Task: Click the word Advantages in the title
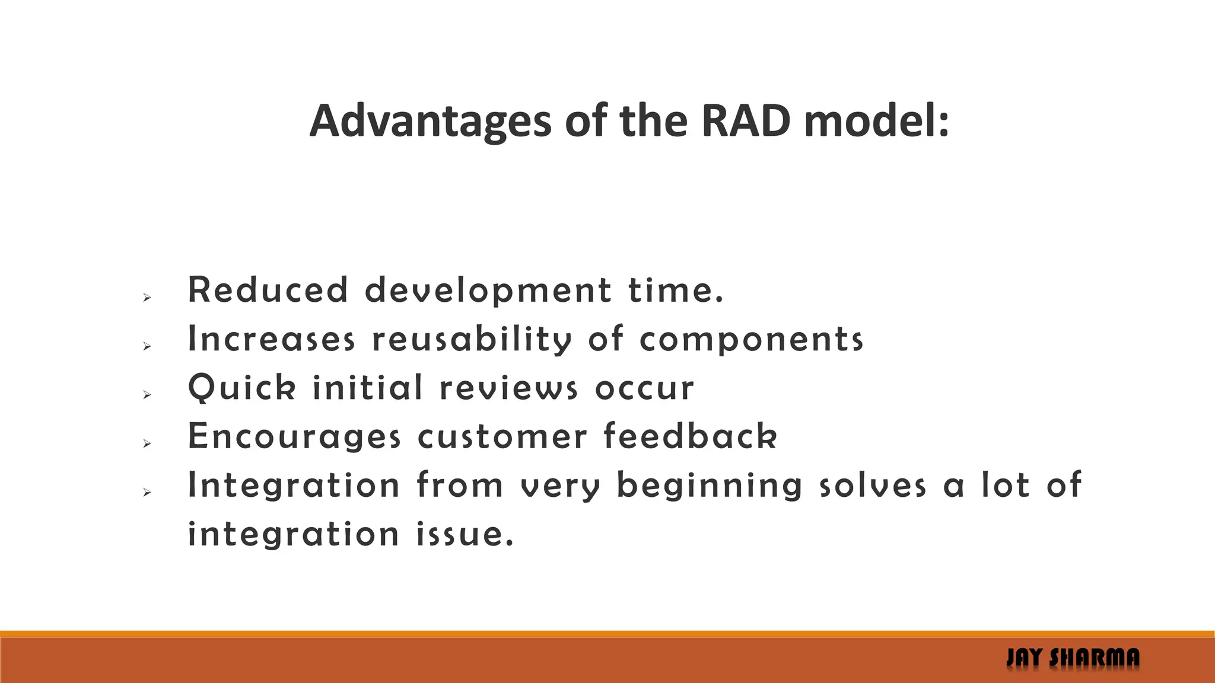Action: tap(431, 122)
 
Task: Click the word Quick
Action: tap(241, 388)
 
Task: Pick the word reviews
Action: tap(508, 388)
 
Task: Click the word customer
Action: tap(502, 437)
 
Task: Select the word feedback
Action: tap(690, 436)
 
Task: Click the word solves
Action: tap(872, 486)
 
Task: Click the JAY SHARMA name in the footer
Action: tap(1073, 658)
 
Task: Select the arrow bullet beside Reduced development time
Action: tap(148, 298)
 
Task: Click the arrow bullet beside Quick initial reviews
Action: tap(148, 395)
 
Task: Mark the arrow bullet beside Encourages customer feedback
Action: tap(148, 443)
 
